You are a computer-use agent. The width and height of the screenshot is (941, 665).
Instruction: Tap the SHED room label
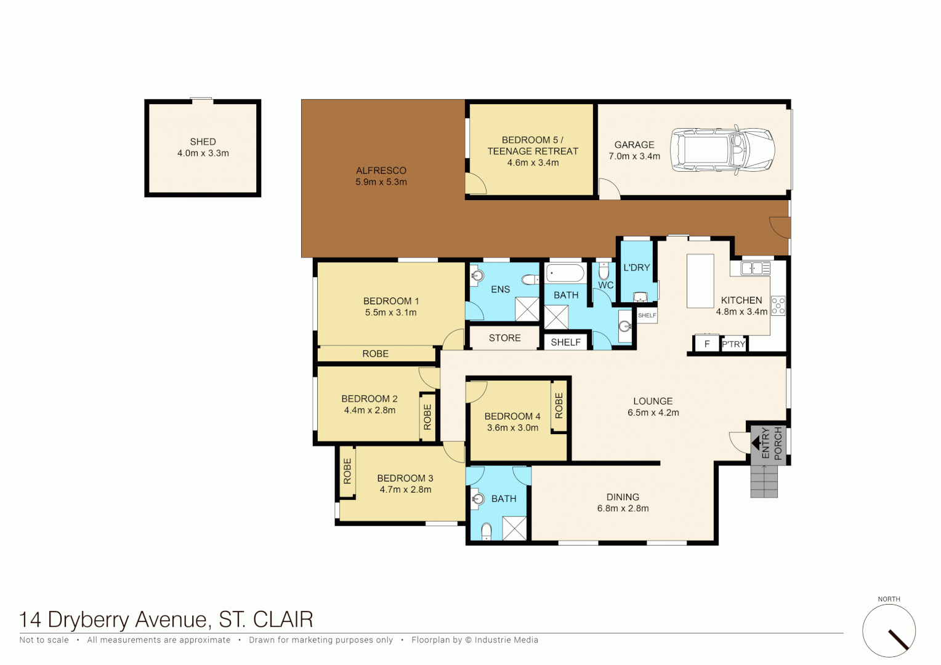[x=203, y=142]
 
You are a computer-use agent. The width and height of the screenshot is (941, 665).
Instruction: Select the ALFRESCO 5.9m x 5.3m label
[x=381, y=176]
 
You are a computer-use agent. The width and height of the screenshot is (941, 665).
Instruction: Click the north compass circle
[x=889, y=631]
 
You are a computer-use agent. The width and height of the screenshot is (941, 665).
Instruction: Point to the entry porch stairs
[x=764, y=481]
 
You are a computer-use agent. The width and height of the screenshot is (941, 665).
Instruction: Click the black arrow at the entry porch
[x=755, y=443]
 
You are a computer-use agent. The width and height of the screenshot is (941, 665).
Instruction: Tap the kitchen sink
[x=755, y=268]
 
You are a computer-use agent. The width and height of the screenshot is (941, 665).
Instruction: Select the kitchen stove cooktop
[x=778, y=306]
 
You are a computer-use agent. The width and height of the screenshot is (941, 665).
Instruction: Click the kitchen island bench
[x=700, y=281]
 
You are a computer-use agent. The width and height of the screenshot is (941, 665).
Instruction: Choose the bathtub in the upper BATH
[x=565, y=273]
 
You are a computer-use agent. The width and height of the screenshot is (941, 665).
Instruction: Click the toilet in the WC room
[x=604, y=271]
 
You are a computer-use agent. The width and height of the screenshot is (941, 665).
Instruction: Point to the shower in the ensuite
[x=527, y=308]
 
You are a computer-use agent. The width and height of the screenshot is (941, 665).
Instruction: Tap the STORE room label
[x=504, y=338]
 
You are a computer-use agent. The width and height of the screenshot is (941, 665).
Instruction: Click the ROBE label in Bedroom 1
[x=375, y=354]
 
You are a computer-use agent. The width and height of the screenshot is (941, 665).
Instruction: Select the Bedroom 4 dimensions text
[x=512, y=428]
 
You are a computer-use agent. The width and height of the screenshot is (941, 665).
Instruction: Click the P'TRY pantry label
[x=733, y=344]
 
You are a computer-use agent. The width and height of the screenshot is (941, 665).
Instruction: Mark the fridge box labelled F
[x=707, y=344]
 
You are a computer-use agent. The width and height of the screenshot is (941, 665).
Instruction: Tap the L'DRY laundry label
[x=636, y=268]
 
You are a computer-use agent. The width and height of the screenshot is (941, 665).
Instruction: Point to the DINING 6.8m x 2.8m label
[x=623, y=502]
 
